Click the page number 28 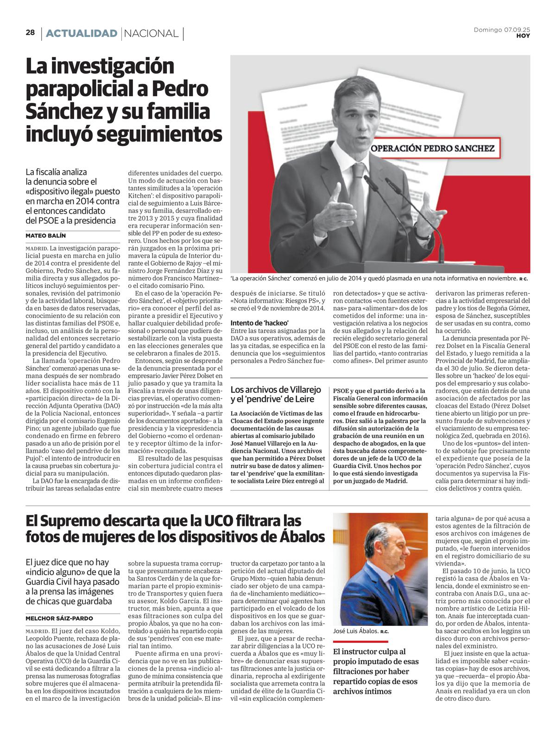click(30, 32)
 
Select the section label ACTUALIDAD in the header click(82, 33)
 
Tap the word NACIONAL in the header click(152, 33)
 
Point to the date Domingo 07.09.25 click(502, 30)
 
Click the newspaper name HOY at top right click(523, 36)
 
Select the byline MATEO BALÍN click(45, 235)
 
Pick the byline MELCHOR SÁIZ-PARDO click(59, 618)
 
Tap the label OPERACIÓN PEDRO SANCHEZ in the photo click(432, 149)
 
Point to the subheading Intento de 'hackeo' click(259, 323)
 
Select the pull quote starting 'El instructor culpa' click(375, 671)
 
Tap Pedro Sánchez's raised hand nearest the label click(429, 216)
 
